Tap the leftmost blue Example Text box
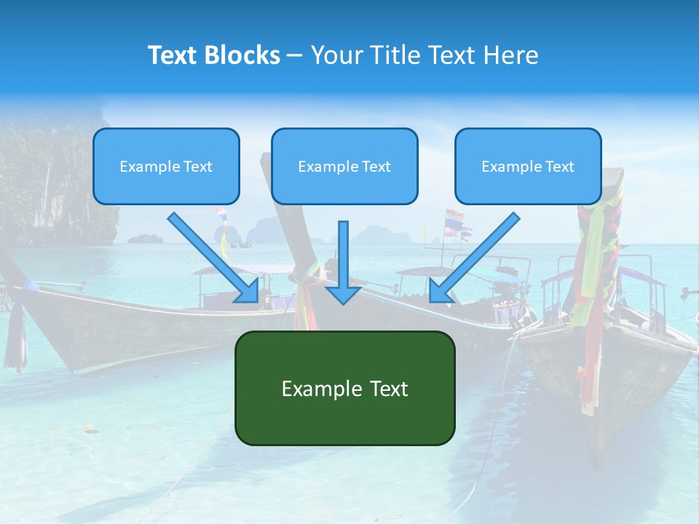coord(166,167)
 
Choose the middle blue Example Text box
coord(344,167)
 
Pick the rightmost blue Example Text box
coord(528,167)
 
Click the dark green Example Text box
coord(344,388)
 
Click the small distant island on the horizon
coord(146,238)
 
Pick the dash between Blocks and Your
coord(295,55)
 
